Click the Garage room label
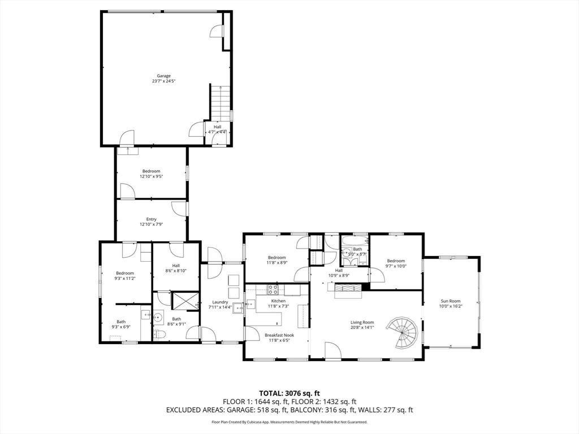tap(164, 76)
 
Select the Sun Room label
tap(451, 301)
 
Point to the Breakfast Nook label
tap(277, 335)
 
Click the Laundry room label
tap(220, 302)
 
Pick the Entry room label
tap(151, 219)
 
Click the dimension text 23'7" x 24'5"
tap(164, 81)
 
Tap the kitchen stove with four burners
tap(273, 290)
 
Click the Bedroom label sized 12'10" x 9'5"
tap(151, 171)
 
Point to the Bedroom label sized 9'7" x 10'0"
tap(396, 261)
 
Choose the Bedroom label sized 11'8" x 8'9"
tap(277, 257)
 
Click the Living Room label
tap(362, 322)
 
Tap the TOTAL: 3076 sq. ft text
tap(289, 393)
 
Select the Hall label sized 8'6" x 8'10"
tap(176, 266)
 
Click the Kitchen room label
tap(278, 301)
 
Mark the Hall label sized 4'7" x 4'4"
tap(217, 127)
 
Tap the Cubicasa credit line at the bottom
tap(289, 422)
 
